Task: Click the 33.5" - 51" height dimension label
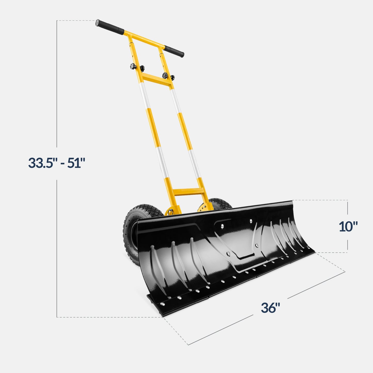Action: pyautogui.click(x=57, y=163)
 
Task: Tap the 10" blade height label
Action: pyautogui.click(x=348, y=226)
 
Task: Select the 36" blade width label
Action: pyautogui.click(x=270, y=308)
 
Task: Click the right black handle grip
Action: pyautogui.click(x=174, y=51)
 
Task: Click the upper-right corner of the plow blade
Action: pyautogui.click(x=292, y=201)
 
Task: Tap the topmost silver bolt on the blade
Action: pyautogui.click(x=251, y=221)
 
